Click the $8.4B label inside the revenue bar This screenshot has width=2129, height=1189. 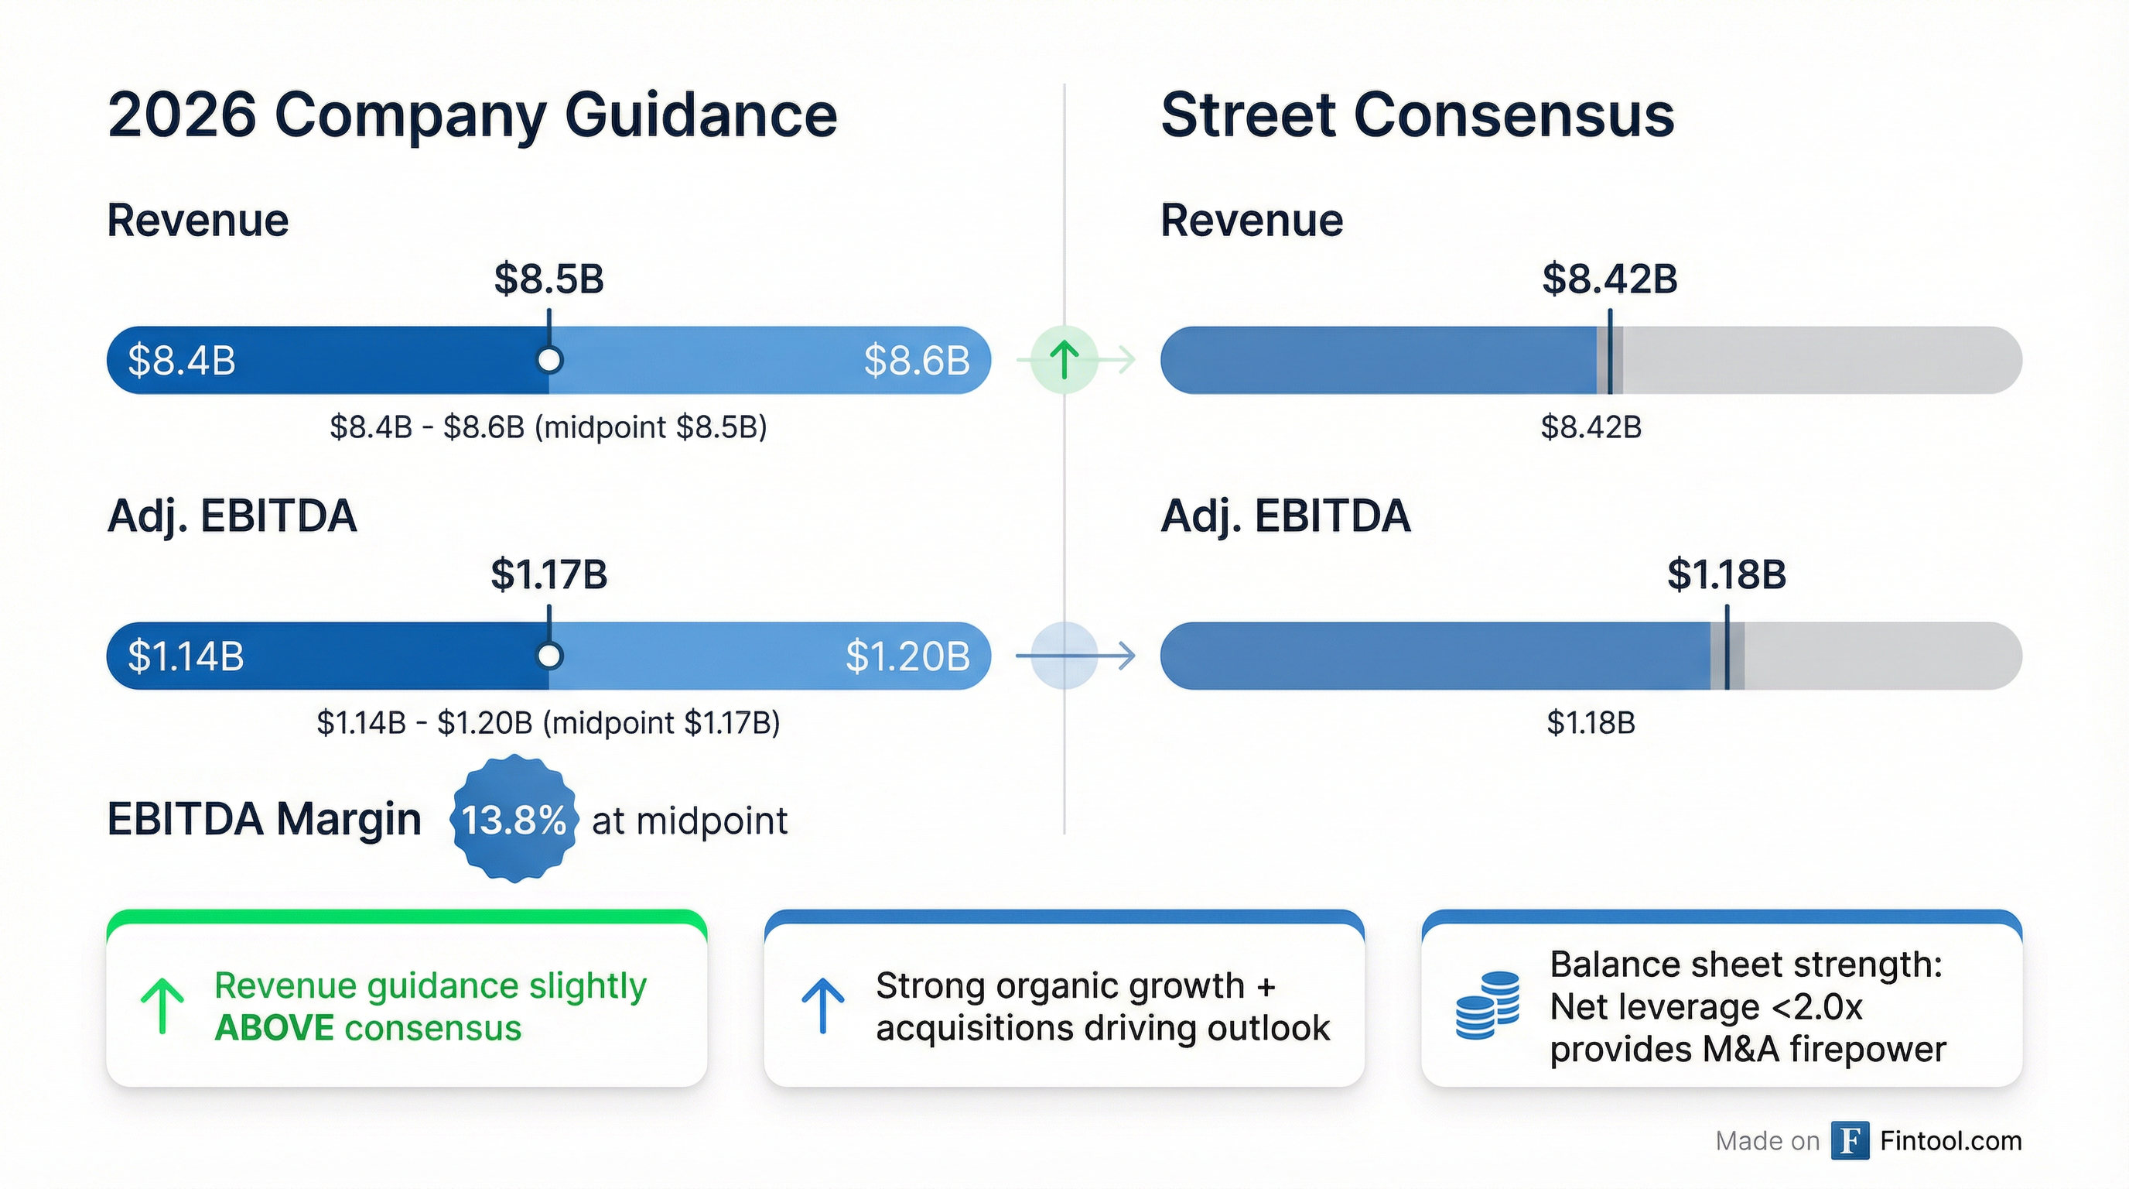(182, 361)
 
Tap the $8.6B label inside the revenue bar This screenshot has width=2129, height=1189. (917, 361)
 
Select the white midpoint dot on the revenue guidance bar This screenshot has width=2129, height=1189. (548, 360)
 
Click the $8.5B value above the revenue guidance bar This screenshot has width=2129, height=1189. (548, 279)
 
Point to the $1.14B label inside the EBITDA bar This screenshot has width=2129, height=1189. (186, 656)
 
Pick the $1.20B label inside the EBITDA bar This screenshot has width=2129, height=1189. (907, 656)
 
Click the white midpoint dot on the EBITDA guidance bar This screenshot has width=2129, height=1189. (548, 656)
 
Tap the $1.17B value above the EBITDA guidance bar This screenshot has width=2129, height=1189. (548, 574)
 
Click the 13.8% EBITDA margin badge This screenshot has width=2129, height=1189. (513, 820)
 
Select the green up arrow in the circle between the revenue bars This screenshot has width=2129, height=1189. (1064, 360)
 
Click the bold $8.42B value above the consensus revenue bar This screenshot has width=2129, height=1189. (1609, 279)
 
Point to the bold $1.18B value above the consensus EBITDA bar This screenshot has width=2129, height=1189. (1727, 574)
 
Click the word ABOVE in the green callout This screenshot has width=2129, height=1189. (274, 1028)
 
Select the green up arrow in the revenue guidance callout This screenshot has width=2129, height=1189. (162, 1006)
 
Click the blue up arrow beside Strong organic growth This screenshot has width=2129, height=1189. (822, 1006)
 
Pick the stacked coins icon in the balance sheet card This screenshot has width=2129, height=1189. (1487, 1006)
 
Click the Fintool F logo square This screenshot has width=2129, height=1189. (1850, 1141)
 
